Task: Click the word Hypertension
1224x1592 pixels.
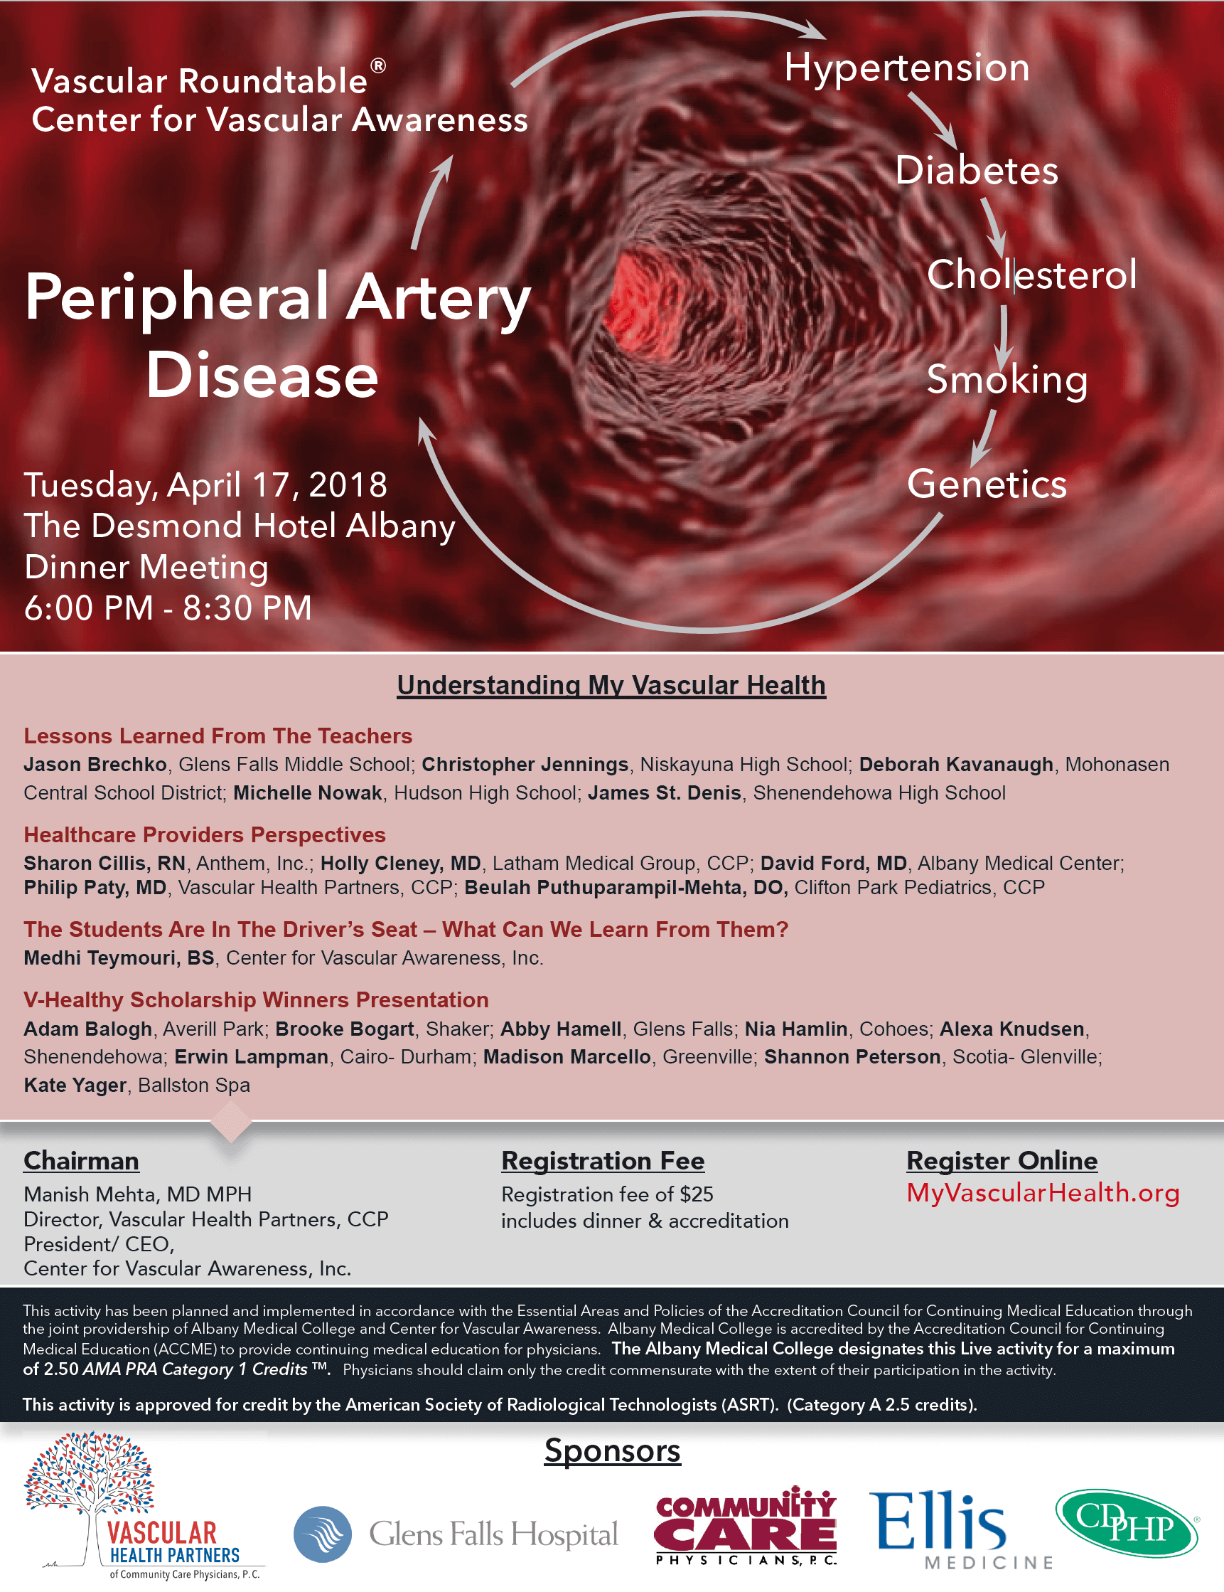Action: click(906, 68)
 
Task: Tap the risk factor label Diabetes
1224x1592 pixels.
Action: click(977, 171)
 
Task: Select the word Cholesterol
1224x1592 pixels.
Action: click(1031, 275)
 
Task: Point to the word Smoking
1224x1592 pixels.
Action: click(1007, 380)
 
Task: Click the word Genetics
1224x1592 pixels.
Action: click(987, 484)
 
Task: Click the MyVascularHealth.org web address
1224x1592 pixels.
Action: click(1043, 1193)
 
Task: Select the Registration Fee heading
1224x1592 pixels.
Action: click(603, 1160)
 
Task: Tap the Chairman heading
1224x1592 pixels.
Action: click(81, 1160)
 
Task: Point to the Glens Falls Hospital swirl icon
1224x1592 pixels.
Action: click(323, 1534)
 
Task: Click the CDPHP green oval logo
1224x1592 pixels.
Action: click(1127, 1524)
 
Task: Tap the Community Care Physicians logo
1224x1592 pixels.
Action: click(746, 1525)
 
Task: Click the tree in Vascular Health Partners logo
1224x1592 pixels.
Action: click(89, 1472)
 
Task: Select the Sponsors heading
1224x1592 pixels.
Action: click(612, 1450)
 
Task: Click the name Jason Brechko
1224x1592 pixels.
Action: click(95, 764)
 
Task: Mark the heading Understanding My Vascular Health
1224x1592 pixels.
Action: click(611, 685)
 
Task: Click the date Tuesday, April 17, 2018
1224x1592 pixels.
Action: click(205, 485)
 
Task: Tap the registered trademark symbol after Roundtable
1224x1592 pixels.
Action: click(378, 65)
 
